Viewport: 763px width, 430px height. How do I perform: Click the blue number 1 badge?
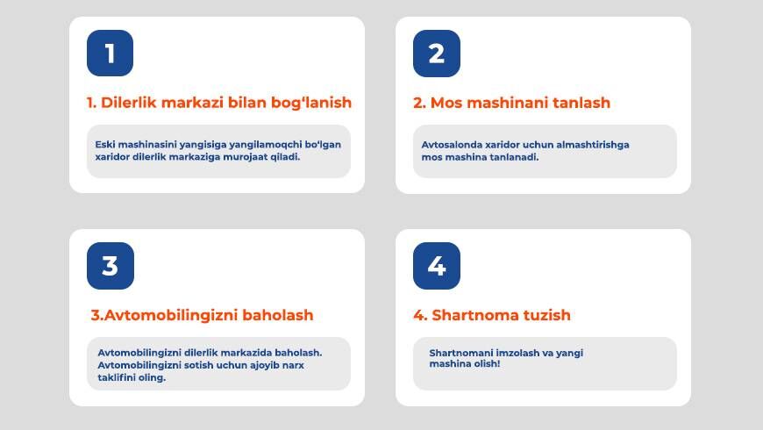coord(110,53)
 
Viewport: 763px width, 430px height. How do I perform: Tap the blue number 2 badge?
coord(437,54)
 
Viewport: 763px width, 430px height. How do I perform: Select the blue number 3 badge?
coord(111,266)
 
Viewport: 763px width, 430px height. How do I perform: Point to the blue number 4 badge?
coord(437,266)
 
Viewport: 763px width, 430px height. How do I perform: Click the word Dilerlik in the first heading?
coord(129,103)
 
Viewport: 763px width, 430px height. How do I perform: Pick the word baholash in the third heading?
coord(278,315)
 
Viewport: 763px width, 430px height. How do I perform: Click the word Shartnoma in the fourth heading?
coord(475,315)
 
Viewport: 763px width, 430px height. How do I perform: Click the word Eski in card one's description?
coord(104,145)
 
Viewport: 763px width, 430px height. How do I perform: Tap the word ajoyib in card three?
coord(264,365)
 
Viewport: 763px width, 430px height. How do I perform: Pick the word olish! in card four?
coord(488,364)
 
